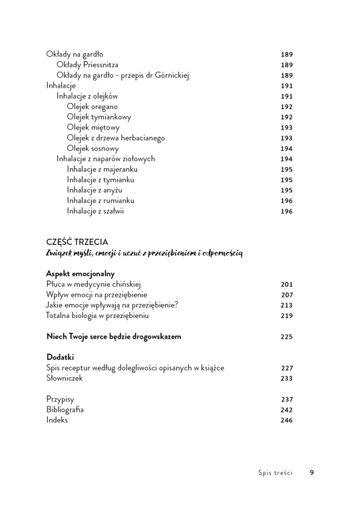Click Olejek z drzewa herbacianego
click(115, 138)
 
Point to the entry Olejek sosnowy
click(92, 148)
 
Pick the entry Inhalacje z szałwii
click(96, 212)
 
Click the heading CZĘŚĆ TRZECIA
click(77, 242)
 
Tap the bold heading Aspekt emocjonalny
click(81, 273)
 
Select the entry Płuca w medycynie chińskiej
click(90, 284)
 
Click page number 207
click(287, 295)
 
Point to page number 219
click(287, 315)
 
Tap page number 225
click(287, 337)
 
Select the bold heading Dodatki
click(60, 357)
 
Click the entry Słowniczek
click(65, 378)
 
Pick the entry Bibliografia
click(65, 410)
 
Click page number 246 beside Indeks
click(287, 421)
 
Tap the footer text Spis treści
click(275, 473)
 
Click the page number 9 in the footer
click(311, 473)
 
